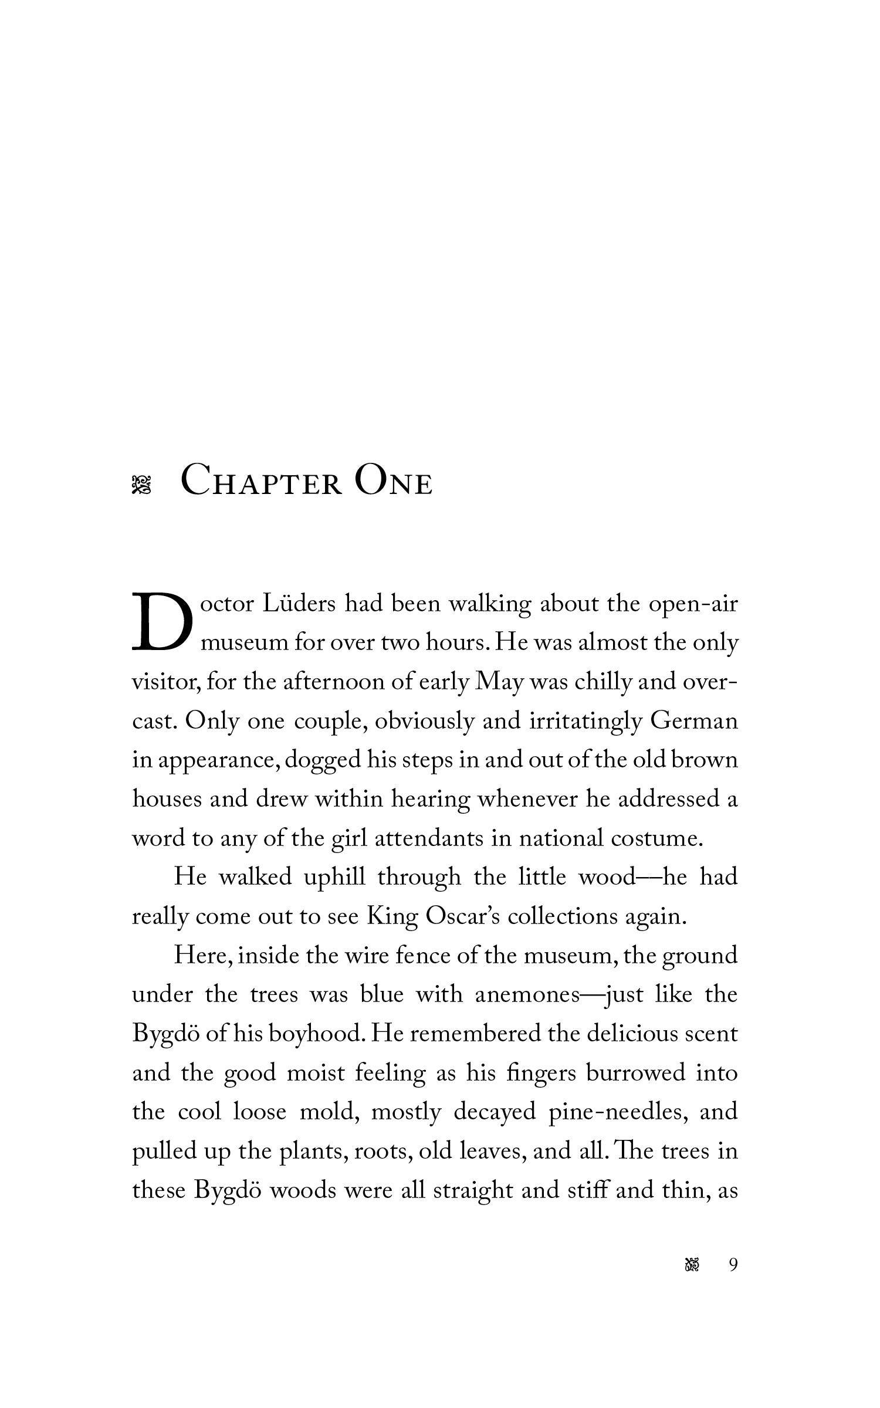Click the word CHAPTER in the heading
(x=261, y=480)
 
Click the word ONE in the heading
(x=394, y=480)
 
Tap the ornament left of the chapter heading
(x=141, y=485)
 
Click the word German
(x=693, y=721)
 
